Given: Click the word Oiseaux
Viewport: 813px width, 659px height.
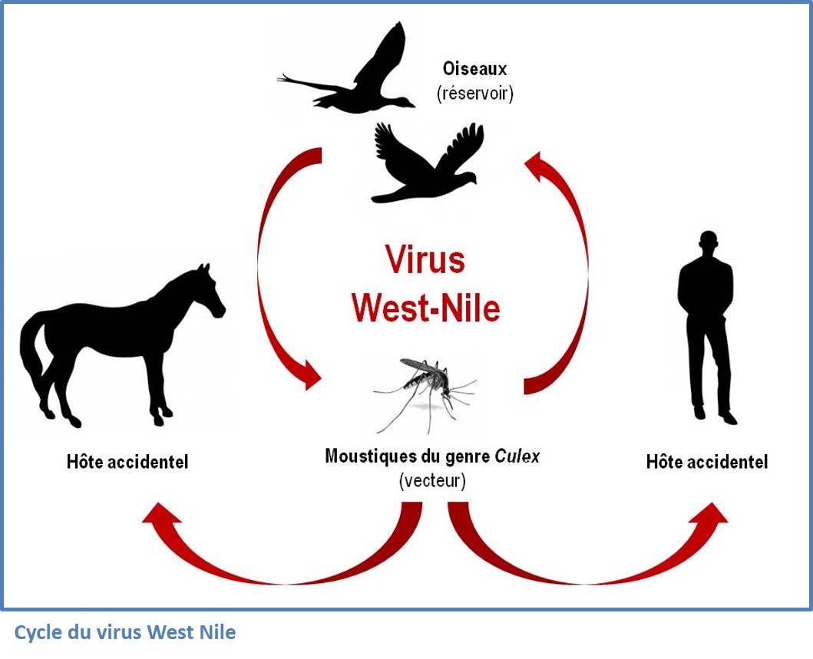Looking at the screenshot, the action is click(x=474, y=68).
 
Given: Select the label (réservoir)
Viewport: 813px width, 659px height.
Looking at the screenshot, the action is click(x=475, y=94).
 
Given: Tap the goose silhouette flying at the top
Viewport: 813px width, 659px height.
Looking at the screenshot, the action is click(x=346, y=70).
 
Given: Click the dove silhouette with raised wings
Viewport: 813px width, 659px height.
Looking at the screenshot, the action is click(x=428, y=163).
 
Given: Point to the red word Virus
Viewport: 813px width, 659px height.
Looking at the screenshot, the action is click(x=425, y=259).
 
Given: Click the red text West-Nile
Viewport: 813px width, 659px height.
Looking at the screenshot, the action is click(x=425, y=307).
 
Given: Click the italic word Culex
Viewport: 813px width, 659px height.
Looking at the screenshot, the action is click(x=517, y=456).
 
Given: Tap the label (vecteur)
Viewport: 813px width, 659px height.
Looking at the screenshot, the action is click(x=432, y=481).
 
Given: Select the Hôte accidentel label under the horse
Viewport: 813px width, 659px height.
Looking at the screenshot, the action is click(x=127, y=462).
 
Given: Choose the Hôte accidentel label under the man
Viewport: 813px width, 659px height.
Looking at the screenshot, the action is click(x=707, y=462).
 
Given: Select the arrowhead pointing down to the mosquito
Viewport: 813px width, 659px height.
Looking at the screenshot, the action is click(x=310, y=374).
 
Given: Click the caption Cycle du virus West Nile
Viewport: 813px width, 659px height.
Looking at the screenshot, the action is click(x=125, y=632).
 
